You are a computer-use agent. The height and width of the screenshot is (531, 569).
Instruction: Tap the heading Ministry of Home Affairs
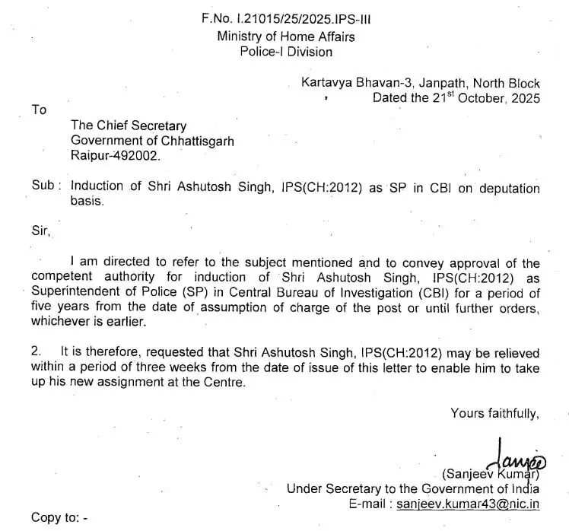[285, 37]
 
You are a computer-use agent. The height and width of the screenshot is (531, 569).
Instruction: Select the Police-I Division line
[285, 52]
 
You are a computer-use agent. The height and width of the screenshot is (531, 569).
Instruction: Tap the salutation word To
[39, 110]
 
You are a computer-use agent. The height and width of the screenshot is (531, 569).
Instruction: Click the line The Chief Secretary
[128, 126]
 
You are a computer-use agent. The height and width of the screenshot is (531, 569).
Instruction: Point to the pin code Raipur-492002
[116, 156]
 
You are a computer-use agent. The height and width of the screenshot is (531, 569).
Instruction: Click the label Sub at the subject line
[43, 188]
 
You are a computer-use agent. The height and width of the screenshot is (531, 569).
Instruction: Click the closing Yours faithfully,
[494, 413]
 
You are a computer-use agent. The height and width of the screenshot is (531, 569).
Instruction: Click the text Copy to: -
[59, 518]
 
